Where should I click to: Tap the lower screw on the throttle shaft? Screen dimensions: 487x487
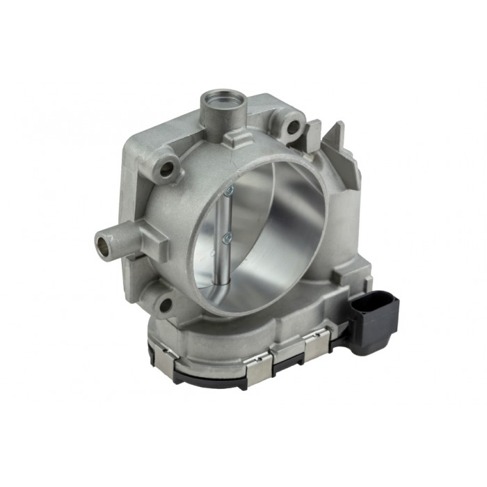pyautogui.click(x=226, y=239)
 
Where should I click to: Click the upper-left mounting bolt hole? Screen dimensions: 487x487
pyautogui.click(x=167, y=168)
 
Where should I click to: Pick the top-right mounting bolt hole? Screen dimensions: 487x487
pyautogui.click(x=292, y=127)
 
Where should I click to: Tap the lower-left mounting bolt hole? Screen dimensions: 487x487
pyautogui.click(x=164, y=304)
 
